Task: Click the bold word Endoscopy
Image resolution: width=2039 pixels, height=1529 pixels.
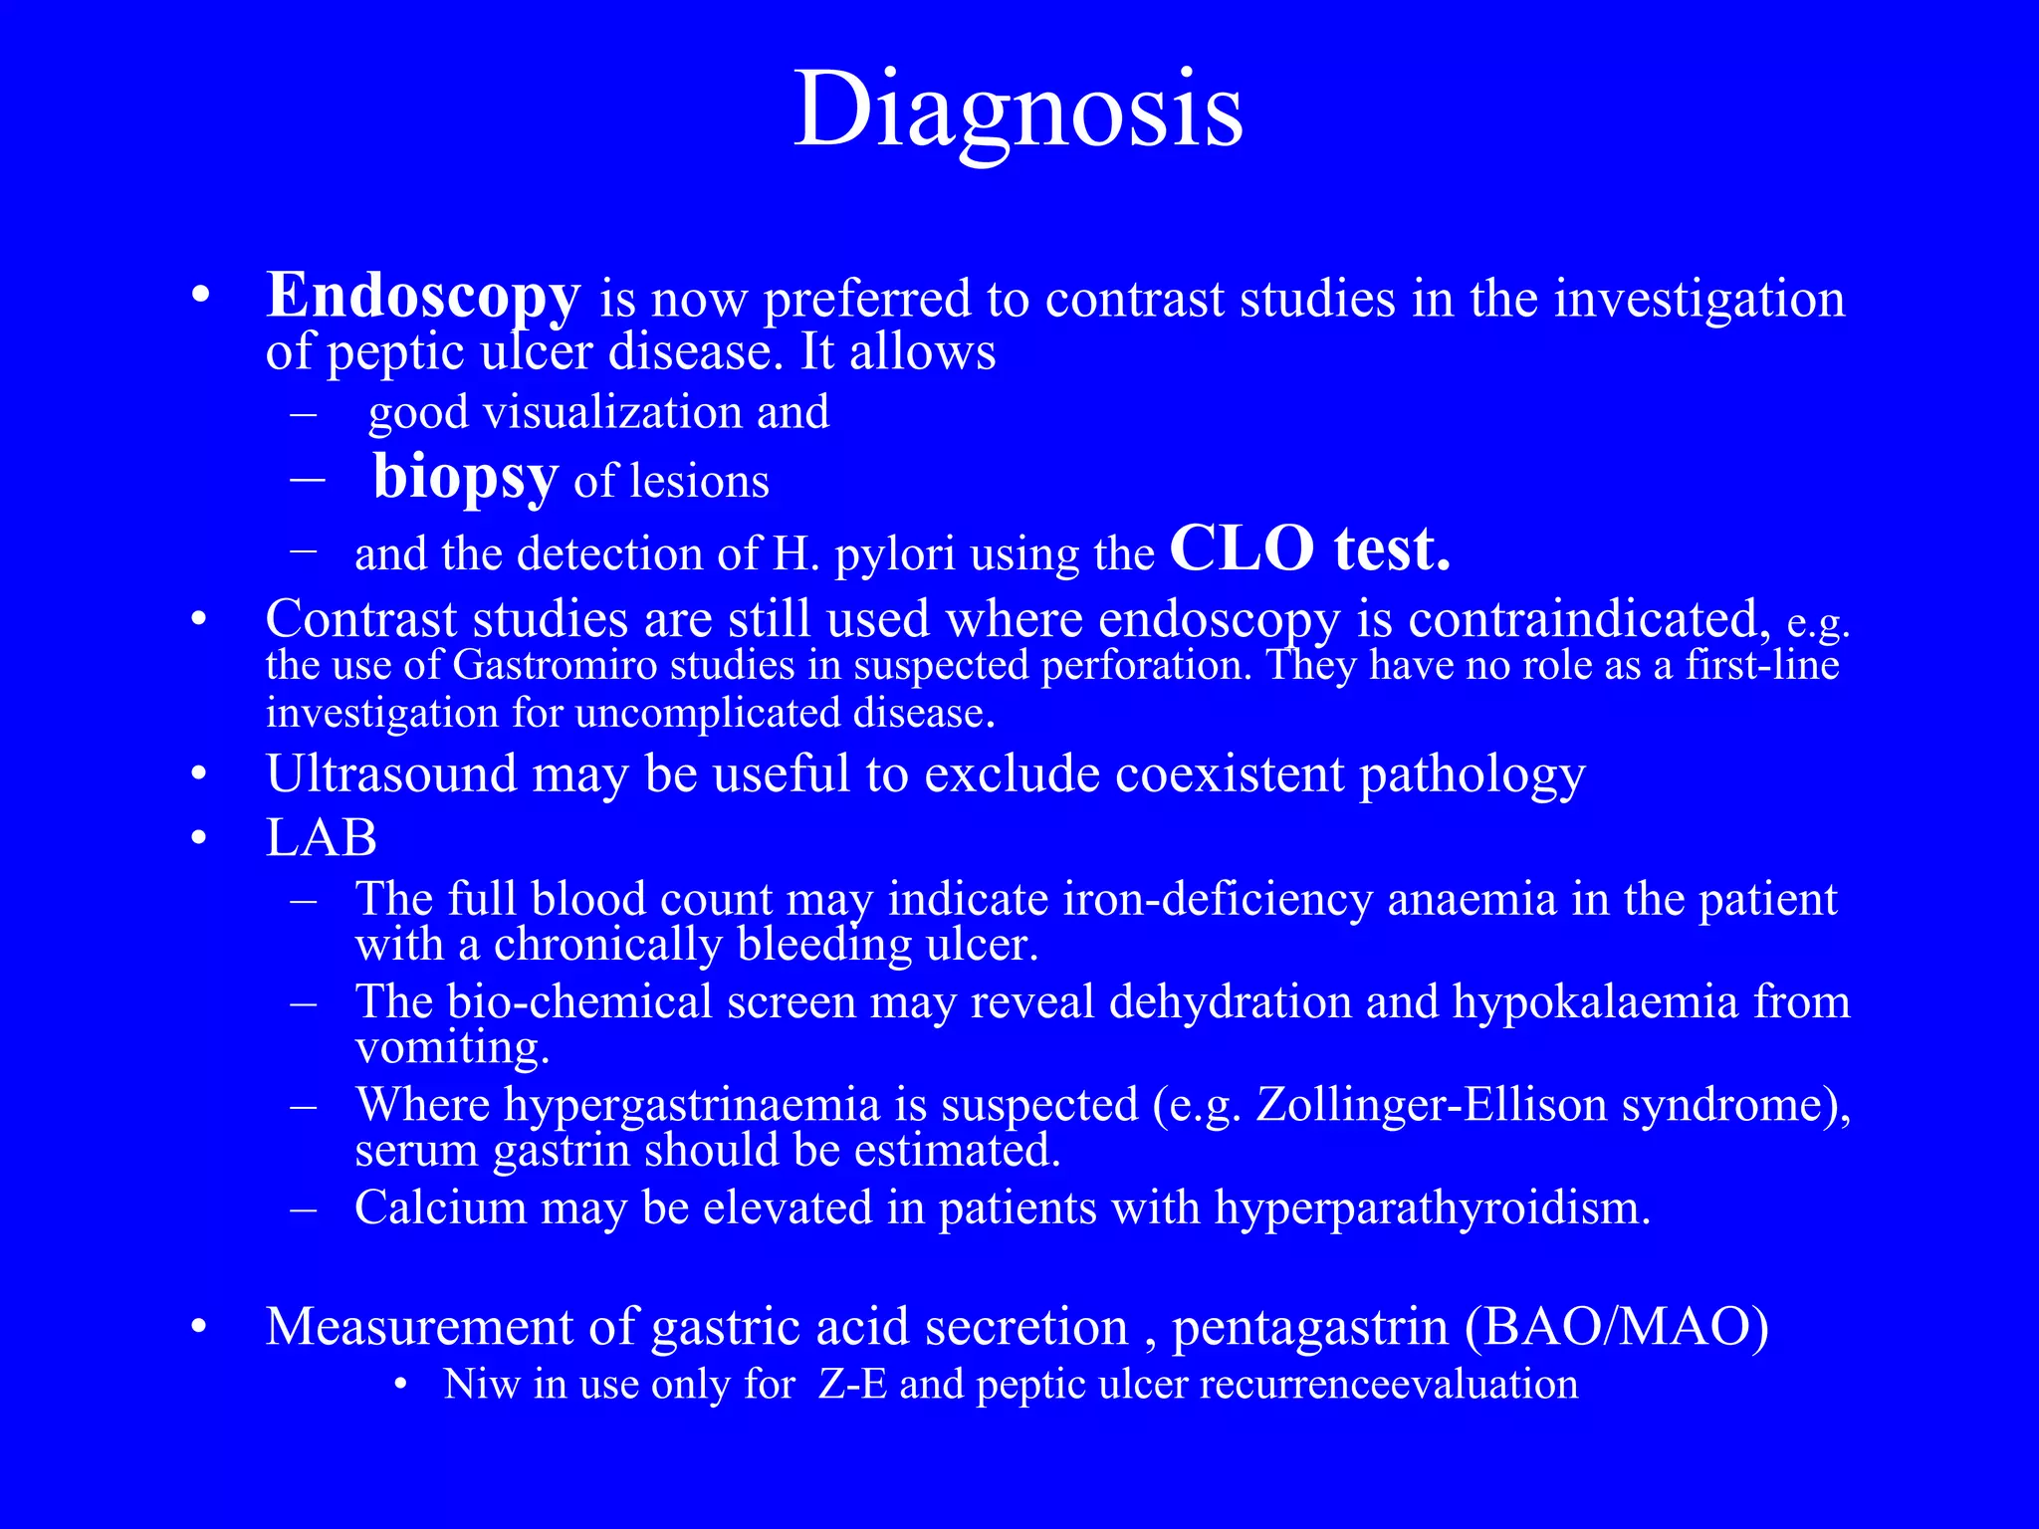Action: coord(422,297)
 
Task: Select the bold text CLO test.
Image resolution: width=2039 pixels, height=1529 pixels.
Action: coord(1309,549)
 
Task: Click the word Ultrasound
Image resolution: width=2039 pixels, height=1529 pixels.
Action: coord(391,774)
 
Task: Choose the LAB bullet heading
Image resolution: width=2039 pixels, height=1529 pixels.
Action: coord(321,838)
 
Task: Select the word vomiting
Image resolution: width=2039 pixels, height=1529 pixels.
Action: coord(452,1047)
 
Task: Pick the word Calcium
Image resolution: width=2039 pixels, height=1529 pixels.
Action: coord(440,1208)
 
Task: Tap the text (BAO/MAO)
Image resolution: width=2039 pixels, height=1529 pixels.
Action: coord(1617,1328)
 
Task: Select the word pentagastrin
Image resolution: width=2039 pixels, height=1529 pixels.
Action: coord(1309,1328)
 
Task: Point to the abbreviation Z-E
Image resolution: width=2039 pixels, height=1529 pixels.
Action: coord(852,1385)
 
